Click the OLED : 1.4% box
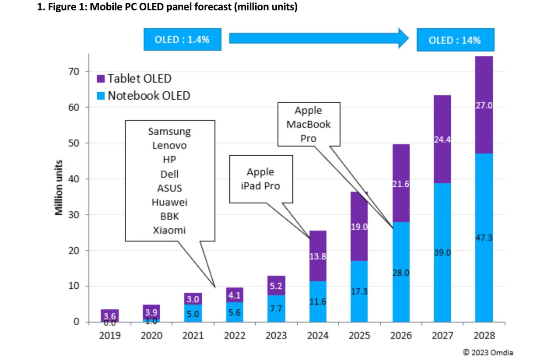point(182,39)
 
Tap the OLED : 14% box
point(455,40)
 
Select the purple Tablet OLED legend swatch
point(101,79)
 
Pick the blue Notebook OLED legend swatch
point(101,96)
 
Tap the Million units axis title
point(59,188)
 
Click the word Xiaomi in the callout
point(169,230)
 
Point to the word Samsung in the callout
point(169,132)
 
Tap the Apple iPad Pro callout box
point(260,179)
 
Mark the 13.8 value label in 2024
point(317,257)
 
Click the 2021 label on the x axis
point(193,336)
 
